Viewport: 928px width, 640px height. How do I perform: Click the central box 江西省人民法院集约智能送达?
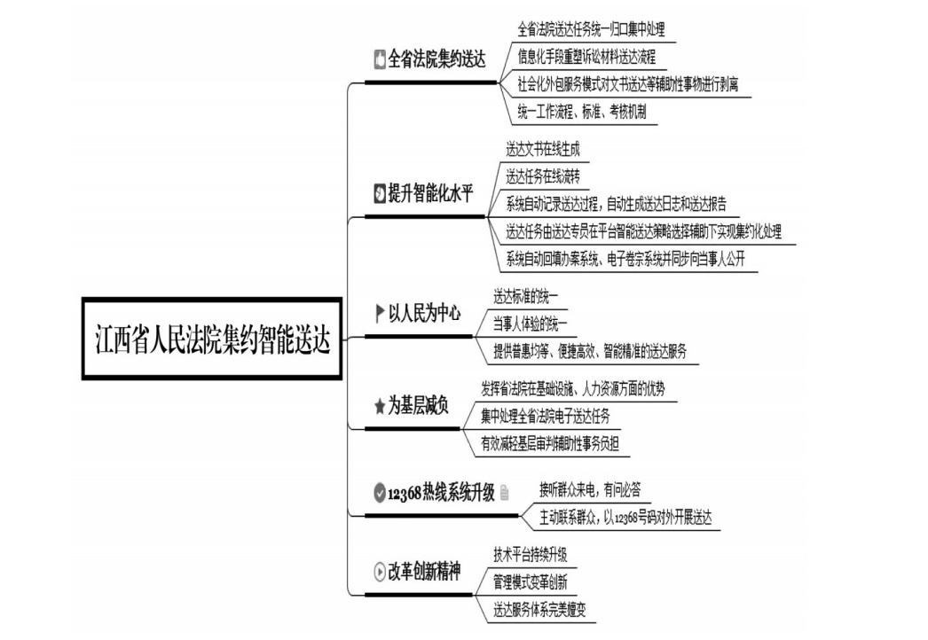pyautogui.click(x=212, y=339)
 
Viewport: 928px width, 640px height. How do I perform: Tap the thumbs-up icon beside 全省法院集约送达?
pyautogui.click(x=380, y=59)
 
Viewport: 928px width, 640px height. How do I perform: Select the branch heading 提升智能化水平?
pyautogui.click(x=430, y=193)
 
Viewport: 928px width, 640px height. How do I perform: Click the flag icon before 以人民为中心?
pyautogui.click(x=380, y=313)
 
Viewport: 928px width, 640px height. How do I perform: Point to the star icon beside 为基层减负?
pyautogui.click(x=380, y=406)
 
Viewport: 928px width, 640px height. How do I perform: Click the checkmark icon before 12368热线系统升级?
pyautogui.click(x=380, y=492)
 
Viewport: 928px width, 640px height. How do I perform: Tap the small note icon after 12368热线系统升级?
pyautogui.click(x=504, y=492)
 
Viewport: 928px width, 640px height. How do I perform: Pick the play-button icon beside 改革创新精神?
pyautogui.click(x=380, y=572)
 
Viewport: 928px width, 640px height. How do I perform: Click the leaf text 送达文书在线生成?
pyautogui.click(x=543, y=149)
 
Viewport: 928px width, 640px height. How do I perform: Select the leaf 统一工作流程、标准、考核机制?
pyautogui.click(x=582, y=111)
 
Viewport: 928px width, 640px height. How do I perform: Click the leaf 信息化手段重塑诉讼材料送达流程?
pyautogui.click(x=586, y=57)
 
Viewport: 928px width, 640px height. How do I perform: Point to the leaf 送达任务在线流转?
pyautogui.click(x=543, y=176)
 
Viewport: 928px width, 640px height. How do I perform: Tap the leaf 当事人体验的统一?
pyautogui.click(x=530, y=324)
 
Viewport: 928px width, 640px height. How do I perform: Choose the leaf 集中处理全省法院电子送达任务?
pyautogui.click(x=545, y=416)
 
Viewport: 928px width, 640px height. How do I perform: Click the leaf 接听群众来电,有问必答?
pyautogui.click(x=589, y=489)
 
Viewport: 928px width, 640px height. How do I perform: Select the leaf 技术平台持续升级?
pyautogui.click(x=531, y=554)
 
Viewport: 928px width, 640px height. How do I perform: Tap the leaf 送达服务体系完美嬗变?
pyautogui.click(x=539, y=609)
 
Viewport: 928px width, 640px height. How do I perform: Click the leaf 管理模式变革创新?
pyautogui.click(x=531, y=582)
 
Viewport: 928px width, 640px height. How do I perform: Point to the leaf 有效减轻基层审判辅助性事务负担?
pyautogui.click(x=550, y=443)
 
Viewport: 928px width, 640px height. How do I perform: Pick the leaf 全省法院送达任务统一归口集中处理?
pyautogui.click(x=591, y=29)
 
